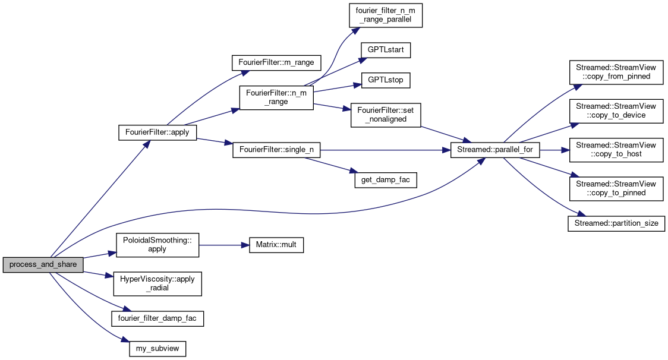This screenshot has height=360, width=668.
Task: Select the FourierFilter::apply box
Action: pos(157,132)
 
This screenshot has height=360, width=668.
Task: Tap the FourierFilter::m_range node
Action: pos(276,62)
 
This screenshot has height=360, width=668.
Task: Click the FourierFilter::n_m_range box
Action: pos(276,97)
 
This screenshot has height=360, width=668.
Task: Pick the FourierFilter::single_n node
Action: pos(276,150)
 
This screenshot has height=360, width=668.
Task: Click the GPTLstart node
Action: pos(385,49)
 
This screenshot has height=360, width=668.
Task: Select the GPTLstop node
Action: pos(385,79)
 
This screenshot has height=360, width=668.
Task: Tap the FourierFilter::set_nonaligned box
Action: pos(385,115)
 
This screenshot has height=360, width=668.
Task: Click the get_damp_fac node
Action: pos(385,179)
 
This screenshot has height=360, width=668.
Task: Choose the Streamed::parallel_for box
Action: pos(495,150)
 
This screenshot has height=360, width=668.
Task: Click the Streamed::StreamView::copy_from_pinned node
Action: pos(616,72)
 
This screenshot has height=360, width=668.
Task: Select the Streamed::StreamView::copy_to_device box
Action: pos(616,111)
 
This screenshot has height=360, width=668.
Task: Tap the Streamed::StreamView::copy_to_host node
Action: pos(616,150)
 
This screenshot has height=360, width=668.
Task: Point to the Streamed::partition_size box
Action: pos(616,224)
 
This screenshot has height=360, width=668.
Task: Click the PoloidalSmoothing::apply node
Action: pos(157,244)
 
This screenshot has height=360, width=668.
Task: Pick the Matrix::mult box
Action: pos(272,244)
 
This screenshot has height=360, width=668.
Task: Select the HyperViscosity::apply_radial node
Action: pos(157,283)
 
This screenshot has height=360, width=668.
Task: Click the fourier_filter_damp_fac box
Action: pos(157,318)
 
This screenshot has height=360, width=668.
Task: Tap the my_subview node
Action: pos(157,348)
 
